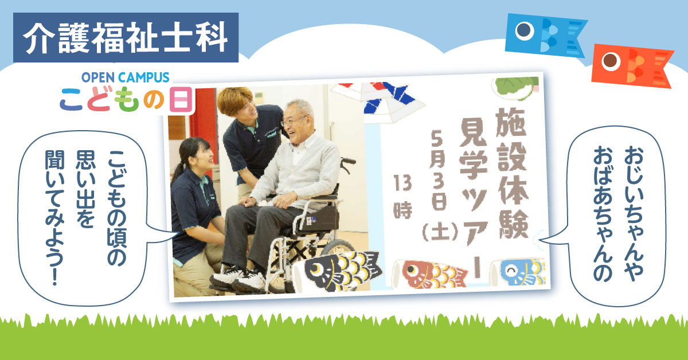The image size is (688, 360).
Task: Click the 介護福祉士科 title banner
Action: pyautogui.click(x=126, y=37)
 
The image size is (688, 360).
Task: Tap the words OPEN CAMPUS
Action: pyautogui.click(x=126, y=77)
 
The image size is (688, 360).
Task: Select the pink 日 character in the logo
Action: pyautogui.click(x=181, y=99)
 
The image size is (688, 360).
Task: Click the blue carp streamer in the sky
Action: pyautogui.click(x=546, y=36)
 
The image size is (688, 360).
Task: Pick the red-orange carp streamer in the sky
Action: pyautogui.click(x=632, y=66)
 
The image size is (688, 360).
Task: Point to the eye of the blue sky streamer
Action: pyautogui.click(x=524, y=30)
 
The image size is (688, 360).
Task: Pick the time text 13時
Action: pyautogui.click(x=402, y=197)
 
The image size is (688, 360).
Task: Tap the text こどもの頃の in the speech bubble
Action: pyautogui.click(x=117, y=208)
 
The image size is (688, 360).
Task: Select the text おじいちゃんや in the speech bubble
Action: pyautogui.click(x=634, y=213)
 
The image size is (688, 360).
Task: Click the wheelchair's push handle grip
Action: pyautogui.click(x=349, y=161)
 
